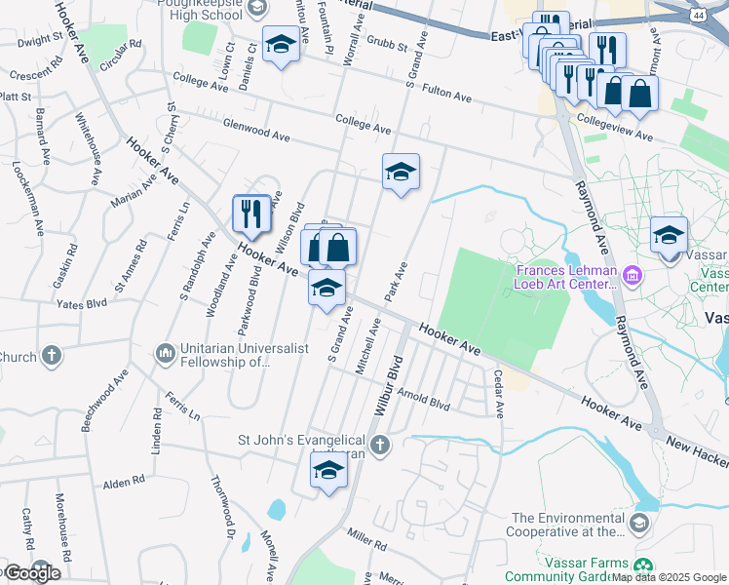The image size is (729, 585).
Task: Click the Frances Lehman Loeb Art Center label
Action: click(x=567, y=277)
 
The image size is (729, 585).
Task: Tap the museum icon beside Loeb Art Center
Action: click(x=634, y=277)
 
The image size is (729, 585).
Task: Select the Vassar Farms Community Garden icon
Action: click(x=642, y=566)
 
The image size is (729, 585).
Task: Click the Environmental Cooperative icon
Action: click(x=638, y=525)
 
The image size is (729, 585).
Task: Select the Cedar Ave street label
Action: click(x=498, y=393)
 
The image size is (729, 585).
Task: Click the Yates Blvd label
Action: click(x=82, y=304)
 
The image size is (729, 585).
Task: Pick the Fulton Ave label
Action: click(x=447, y=96)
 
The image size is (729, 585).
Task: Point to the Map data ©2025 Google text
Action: click(x=669, y=577)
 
